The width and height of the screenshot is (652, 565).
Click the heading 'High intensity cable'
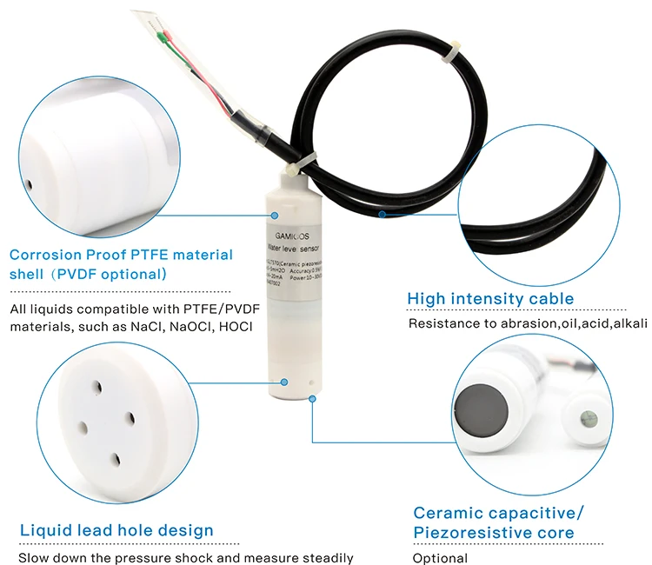click(490, 299)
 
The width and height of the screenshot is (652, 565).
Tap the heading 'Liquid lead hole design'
click(116, 530)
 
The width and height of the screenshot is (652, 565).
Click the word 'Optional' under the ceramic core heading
click(440, 558)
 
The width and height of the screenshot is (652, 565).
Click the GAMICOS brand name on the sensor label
click(287, 234)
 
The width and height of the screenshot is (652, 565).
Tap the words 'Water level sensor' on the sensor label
click(293, 249)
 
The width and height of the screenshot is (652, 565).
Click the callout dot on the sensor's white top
click(274, 214)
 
